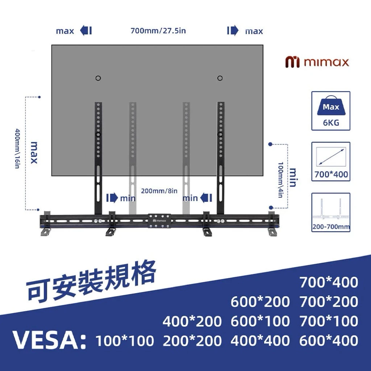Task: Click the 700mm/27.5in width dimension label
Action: pyautogui.click(x=158, y=31)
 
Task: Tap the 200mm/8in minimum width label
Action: pyautogui.click(x=159, y=191)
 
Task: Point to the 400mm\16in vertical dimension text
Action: pyautogui.click(x=17, y=149)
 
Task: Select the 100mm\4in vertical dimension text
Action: pyautogui.click(x=280, y=180)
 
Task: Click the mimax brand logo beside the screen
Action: pyautogui.click(x=317, y=62)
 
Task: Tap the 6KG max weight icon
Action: pyautogui.click(x=330, y=111)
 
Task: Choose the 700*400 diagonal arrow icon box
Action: pyautogui.click(x=330, y=162)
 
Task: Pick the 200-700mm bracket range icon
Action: pyautogui.click(x=330, y=212)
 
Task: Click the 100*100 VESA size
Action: pyautogui.click(x=125, y=341)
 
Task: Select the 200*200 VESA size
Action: pyautogui.click(x=192, y=341)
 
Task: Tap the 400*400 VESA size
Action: pyautogui.click(x=260, y=341)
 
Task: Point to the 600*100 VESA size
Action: pyautogui.click(x=260, y=321)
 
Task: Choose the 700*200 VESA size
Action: pyautogui.click(x=329, y=302)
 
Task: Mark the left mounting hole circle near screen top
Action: pyautogui.click(x=98, y=78)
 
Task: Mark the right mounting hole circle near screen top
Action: pyautogui.click(x=220, y=78)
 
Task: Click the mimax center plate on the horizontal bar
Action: pyautogui.click(x=160, y=221)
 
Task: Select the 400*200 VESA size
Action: pyautogui.click(x=192, y=321)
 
